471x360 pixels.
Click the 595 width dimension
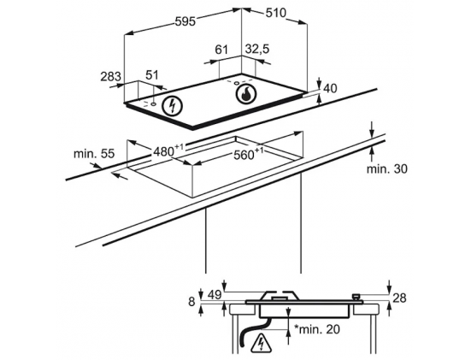[x=185, y=21]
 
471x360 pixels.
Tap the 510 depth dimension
[x=276, y=13]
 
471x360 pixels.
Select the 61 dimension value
[x=221, y=50]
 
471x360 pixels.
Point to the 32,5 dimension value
[x=257, y=49]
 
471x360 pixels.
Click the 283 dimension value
[x=110, y=77]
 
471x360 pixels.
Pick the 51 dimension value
[x=152, y=75]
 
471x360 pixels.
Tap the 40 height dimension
[x=331, y=88]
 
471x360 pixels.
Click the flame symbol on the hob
[x=246, y=93]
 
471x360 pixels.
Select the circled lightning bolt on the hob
[x=172, y=105]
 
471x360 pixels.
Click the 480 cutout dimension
[x=168, y=150]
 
